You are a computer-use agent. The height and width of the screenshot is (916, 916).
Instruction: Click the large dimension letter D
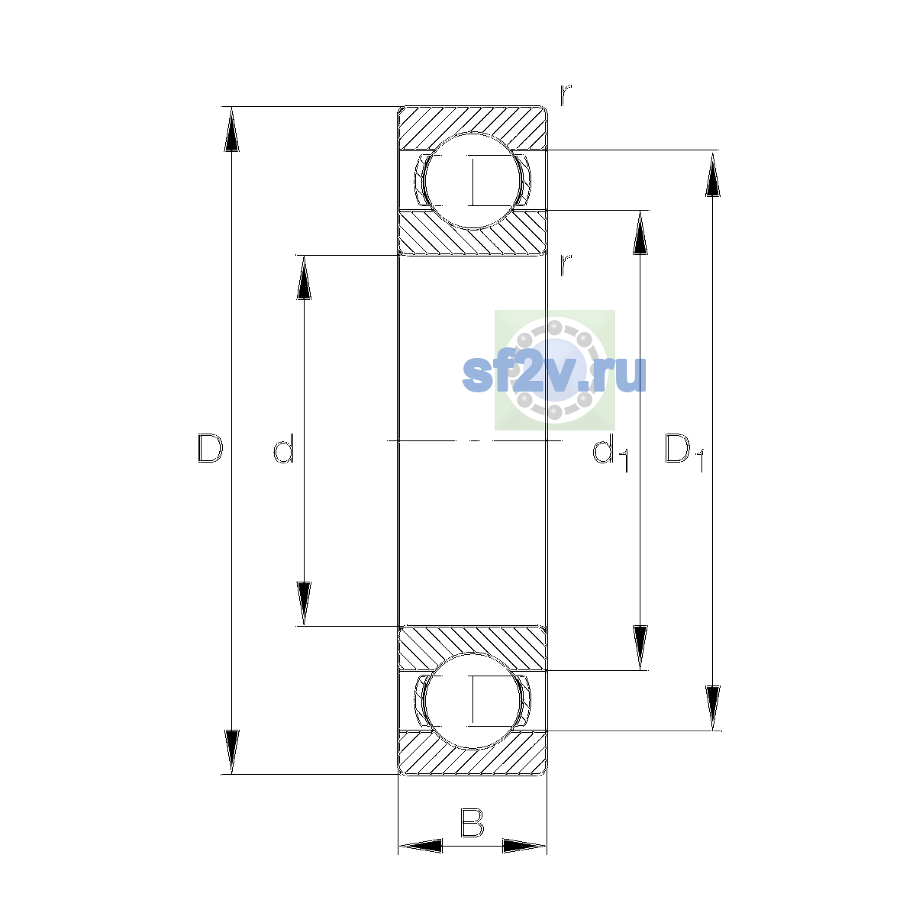(210, 448)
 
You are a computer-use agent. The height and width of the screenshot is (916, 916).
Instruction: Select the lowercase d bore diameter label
(284, 448)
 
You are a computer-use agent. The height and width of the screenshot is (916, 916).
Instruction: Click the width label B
(472, 822)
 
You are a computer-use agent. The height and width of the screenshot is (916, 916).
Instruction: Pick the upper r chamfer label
(566, 95)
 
